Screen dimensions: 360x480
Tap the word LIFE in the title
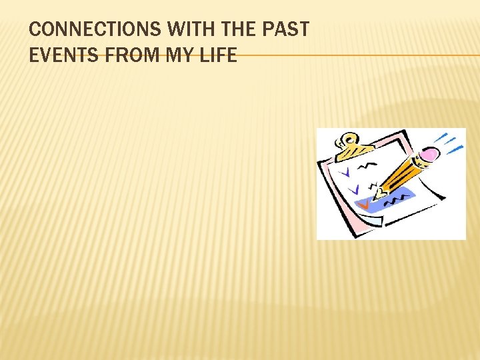[218, 55]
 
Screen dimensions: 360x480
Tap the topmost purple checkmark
[345, 172]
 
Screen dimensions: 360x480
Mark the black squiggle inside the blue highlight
[398, 198]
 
